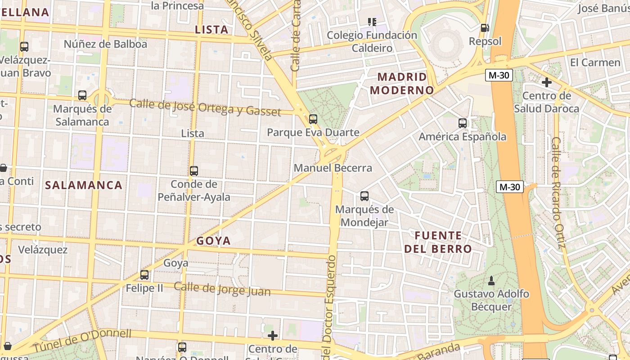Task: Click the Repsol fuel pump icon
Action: click(485, 28)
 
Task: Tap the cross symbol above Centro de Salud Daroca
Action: click(547, 82)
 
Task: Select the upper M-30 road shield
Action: click(499, 75)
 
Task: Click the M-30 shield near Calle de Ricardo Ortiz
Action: click(510, 187)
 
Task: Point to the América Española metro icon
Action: click(462, 123)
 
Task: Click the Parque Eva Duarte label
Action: click(313, 132)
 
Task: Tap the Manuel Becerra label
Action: click(333, 168)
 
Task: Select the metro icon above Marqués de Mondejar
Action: click(364, 196)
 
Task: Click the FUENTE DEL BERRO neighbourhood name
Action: click(438, 242)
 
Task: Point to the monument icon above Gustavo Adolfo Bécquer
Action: click(491, 281)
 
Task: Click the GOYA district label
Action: click(213, 241)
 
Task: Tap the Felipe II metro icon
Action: click(144, 274)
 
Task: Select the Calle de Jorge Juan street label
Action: click(222, 289)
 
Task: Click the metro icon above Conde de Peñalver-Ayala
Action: click(194, 171)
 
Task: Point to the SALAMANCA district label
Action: click(84, 185)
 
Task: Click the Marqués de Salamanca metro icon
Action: click(82, 95)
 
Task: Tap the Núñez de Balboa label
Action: click(105, 44)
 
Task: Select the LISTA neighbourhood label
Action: click(211, 30)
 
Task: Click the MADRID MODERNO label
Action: click(401, 83)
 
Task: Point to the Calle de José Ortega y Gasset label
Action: click(205, 107)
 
